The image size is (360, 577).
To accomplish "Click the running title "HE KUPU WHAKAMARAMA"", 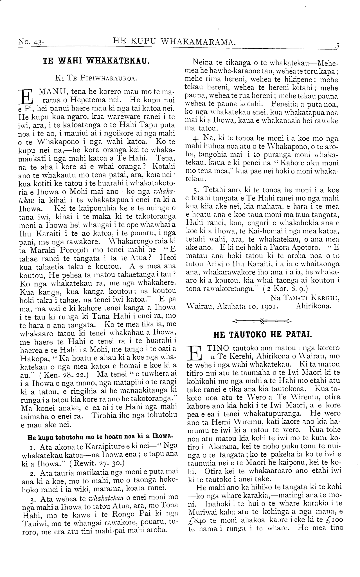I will click(174, 42).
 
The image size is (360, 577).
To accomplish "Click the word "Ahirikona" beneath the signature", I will click(314, 306).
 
